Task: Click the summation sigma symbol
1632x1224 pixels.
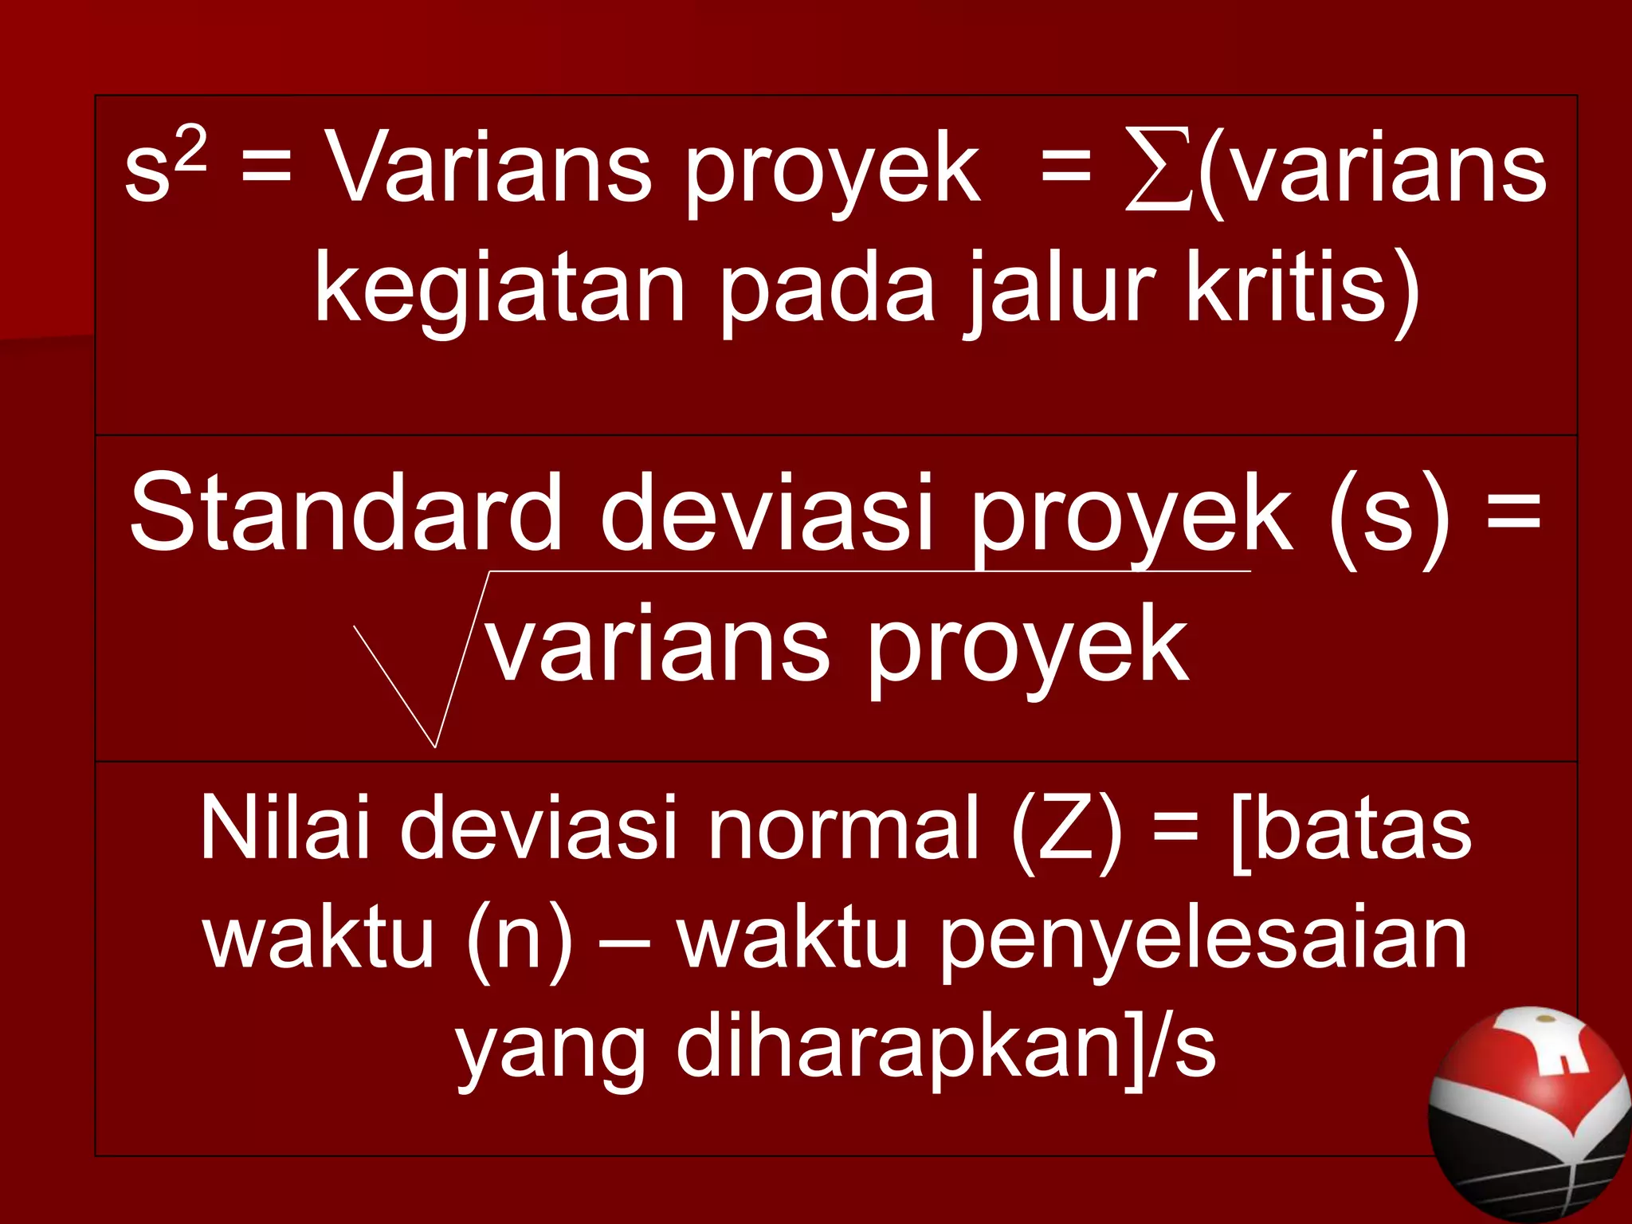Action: point(1159,171)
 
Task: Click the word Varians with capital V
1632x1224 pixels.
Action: point(489,169)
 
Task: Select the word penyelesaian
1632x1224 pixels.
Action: point(1203,940)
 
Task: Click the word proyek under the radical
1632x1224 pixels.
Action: point(1028,645)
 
